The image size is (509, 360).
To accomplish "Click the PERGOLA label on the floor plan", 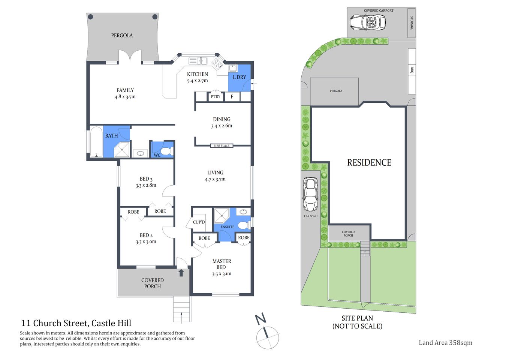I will pos(122,35).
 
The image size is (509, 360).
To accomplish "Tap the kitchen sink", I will pos(198,61).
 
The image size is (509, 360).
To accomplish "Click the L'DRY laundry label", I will pos(239,77).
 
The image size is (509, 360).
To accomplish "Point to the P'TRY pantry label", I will pos(216,97).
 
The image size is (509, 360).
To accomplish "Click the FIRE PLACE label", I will pos(222,146).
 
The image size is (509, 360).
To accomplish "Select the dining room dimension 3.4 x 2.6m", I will pos(222,126).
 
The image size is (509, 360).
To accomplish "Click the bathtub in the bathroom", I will pos(96,142).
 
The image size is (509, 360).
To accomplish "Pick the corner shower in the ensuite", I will pos(222,216).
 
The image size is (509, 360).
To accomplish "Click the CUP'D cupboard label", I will pos(199,222).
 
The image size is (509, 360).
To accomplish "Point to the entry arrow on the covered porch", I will pos(181,273).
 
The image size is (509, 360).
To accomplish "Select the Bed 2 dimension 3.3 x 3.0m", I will pos(146,242).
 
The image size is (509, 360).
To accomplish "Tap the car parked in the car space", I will pos(310,194).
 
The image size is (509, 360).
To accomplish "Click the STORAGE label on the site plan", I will pos(412,23).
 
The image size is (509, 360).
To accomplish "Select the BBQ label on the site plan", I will pos(412,70).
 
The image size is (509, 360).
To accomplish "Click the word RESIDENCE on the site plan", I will pos(369,163).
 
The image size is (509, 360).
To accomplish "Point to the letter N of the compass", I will pos(260,319).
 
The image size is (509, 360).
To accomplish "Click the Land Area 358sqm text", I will pos(445,342).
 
